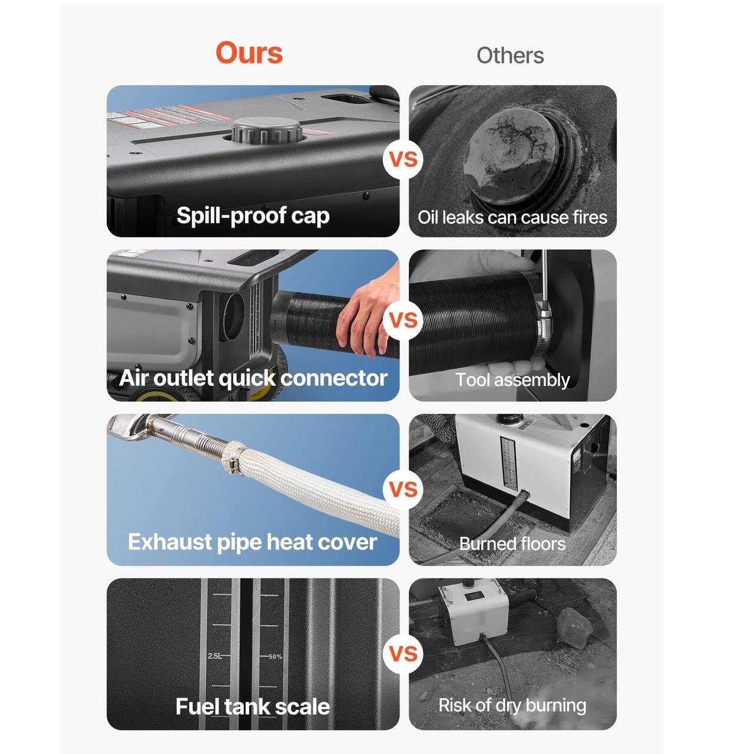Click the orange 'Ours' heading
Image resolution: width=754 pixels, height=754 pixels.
coord(249,53)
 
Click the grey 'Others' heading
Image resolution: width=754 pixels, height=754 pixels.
coord(510,55)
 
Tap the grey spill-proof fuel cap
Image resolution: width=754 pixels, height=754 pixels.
coord(267,130)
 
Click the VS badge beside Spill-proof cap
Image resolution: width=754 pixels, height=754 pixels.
coord(404,160)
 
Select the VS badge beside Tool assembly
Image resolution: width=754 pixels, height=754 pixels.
coord(404,320)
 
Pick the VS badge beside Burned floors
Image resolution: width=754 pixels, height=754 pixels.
coord(404,489)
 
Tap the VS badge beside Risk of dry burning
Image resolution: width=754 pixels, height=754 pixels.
coord(404,654)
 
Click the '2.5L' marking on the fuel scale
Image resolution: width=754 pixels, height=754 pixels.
coord(214,656)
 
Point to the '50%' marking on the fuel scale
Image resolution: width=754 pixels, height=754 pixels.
coord(276,657)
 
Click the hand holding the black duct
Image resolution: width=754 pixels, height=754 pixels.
coord(367,311)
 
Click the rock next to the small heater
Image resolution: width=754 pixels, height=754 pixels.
coord(574,627)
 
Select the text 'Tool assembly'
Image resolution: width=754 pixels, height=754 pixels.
coord(512,380)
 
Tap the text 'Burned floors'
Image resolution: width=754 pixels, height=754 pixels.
coord(512,544)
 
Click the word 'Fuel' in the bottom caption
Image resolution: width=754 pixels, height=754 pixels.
coord(197,707)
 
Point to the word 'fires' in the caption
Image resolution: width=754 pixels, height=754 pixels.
coord(590,217)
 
